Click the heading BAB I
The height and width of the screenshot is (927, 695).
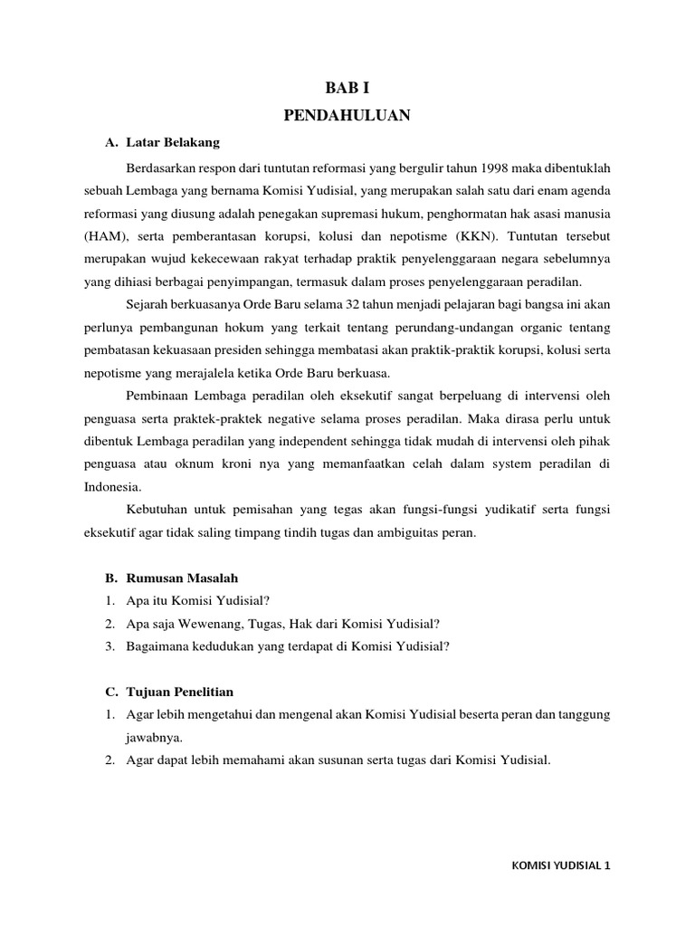347,88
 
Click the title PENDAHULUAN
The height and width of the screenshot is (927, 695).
347,115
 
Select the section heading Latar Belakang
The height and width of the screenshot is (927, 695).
172,143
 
